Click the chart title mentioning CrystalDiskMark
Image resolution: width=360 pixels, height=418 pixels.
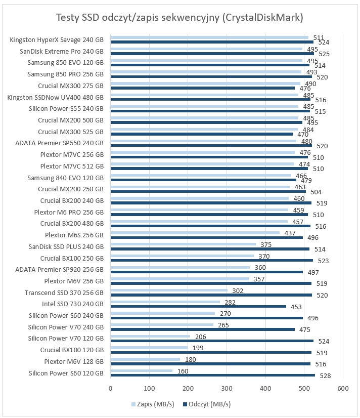click(179, 18)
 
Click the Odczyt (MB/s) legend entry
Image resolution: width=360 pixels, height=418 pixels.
click(207, 404)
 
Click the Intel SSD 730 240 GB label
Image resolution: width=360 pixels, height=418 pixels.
click(73, 304)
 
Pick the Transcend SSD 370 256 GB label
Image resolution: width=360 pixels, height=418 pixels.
click(64, 292)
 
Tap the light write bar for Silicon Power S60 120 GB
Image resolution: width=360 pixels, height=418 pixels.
click(142, 370)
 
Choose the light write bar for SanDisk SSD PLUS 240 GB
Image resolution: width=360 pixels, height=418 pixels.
click(183, 244)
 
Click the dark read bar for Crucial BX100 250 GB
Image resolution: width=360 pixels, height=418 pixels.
click(211, 260)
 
